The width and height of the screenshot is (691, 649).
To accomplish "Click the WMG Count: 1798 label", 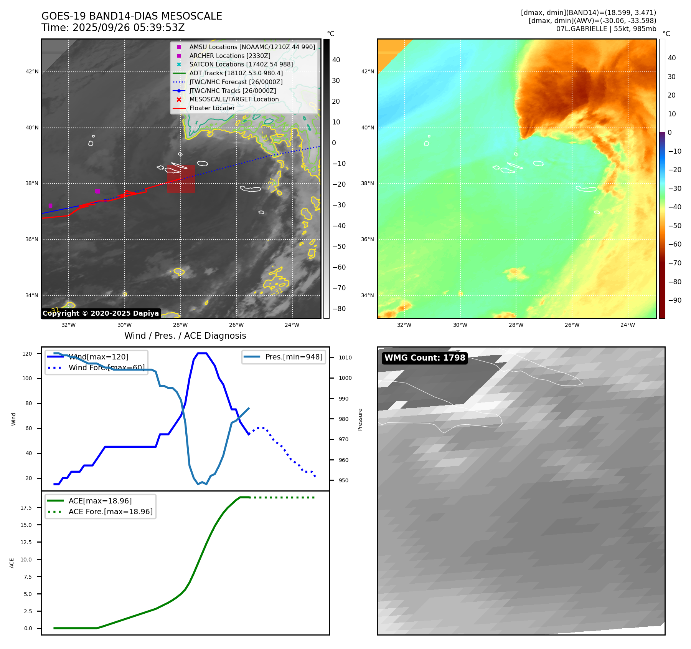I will (425, 358).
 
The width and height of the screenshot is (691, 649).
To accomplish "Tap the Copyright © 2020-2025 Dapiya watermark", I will (101, 313).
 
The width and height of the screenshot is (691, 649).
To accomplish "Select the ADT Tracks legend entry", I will (236, 73).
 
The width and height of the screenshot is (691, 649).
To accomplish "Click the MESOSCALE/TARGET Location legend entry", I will (234, 99).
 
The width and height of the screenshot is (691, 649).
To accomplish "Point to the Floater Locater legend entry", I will (212, 108).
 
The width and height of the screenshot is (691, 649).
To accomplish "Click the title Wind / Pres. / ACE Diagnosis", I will (185, 336).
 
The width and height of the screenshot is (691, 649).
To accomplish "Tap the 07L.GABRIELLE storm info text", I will (606, 29).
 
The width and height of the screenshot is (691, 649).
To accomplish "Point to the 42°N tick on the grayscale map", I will (32, 72).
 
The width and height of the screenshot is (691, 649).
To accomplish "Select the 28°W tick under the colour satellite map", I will (516, 325).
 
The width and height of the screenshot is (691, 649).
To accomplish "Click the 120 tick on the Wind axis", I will (27, 354).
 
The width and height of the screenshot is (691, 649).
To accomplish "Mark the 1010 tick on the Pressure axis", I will (345, 358).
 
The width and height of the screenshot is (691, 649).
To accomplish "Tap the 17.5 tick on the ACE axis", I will (26, 508).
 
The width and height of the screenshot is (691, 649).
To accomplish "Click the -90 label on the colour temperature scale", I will (675, 300).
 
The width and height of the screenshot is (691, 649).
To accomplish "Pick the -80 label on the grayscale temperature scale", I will (339, 309).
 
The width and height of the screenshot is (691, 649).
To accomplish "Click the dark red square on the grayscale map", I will (181, 179).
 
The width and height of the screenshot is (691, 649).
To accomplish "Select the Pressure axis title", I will (360, 419).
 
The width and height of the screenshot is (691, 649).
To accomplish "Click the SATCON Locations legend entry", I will (241, 64).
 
